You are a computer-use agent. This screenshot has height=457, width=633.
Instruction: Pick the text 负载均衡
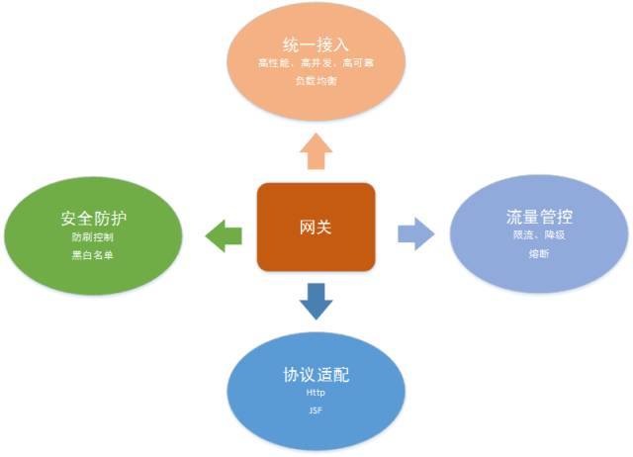316,80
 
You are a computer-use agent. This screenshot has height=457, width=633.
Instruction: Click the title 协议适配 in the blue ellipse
316,376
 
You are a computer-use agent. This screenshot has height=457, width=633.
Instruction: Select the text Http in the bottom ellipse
316,393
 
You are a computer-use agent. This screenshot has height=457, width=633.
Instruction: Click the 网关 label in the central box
316,228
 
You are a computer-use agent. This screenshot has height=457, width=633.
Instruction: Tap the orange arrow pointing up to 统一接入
316,153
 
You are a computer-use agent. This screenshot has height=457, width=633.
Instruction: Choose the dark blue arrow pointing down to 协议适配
316,301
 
